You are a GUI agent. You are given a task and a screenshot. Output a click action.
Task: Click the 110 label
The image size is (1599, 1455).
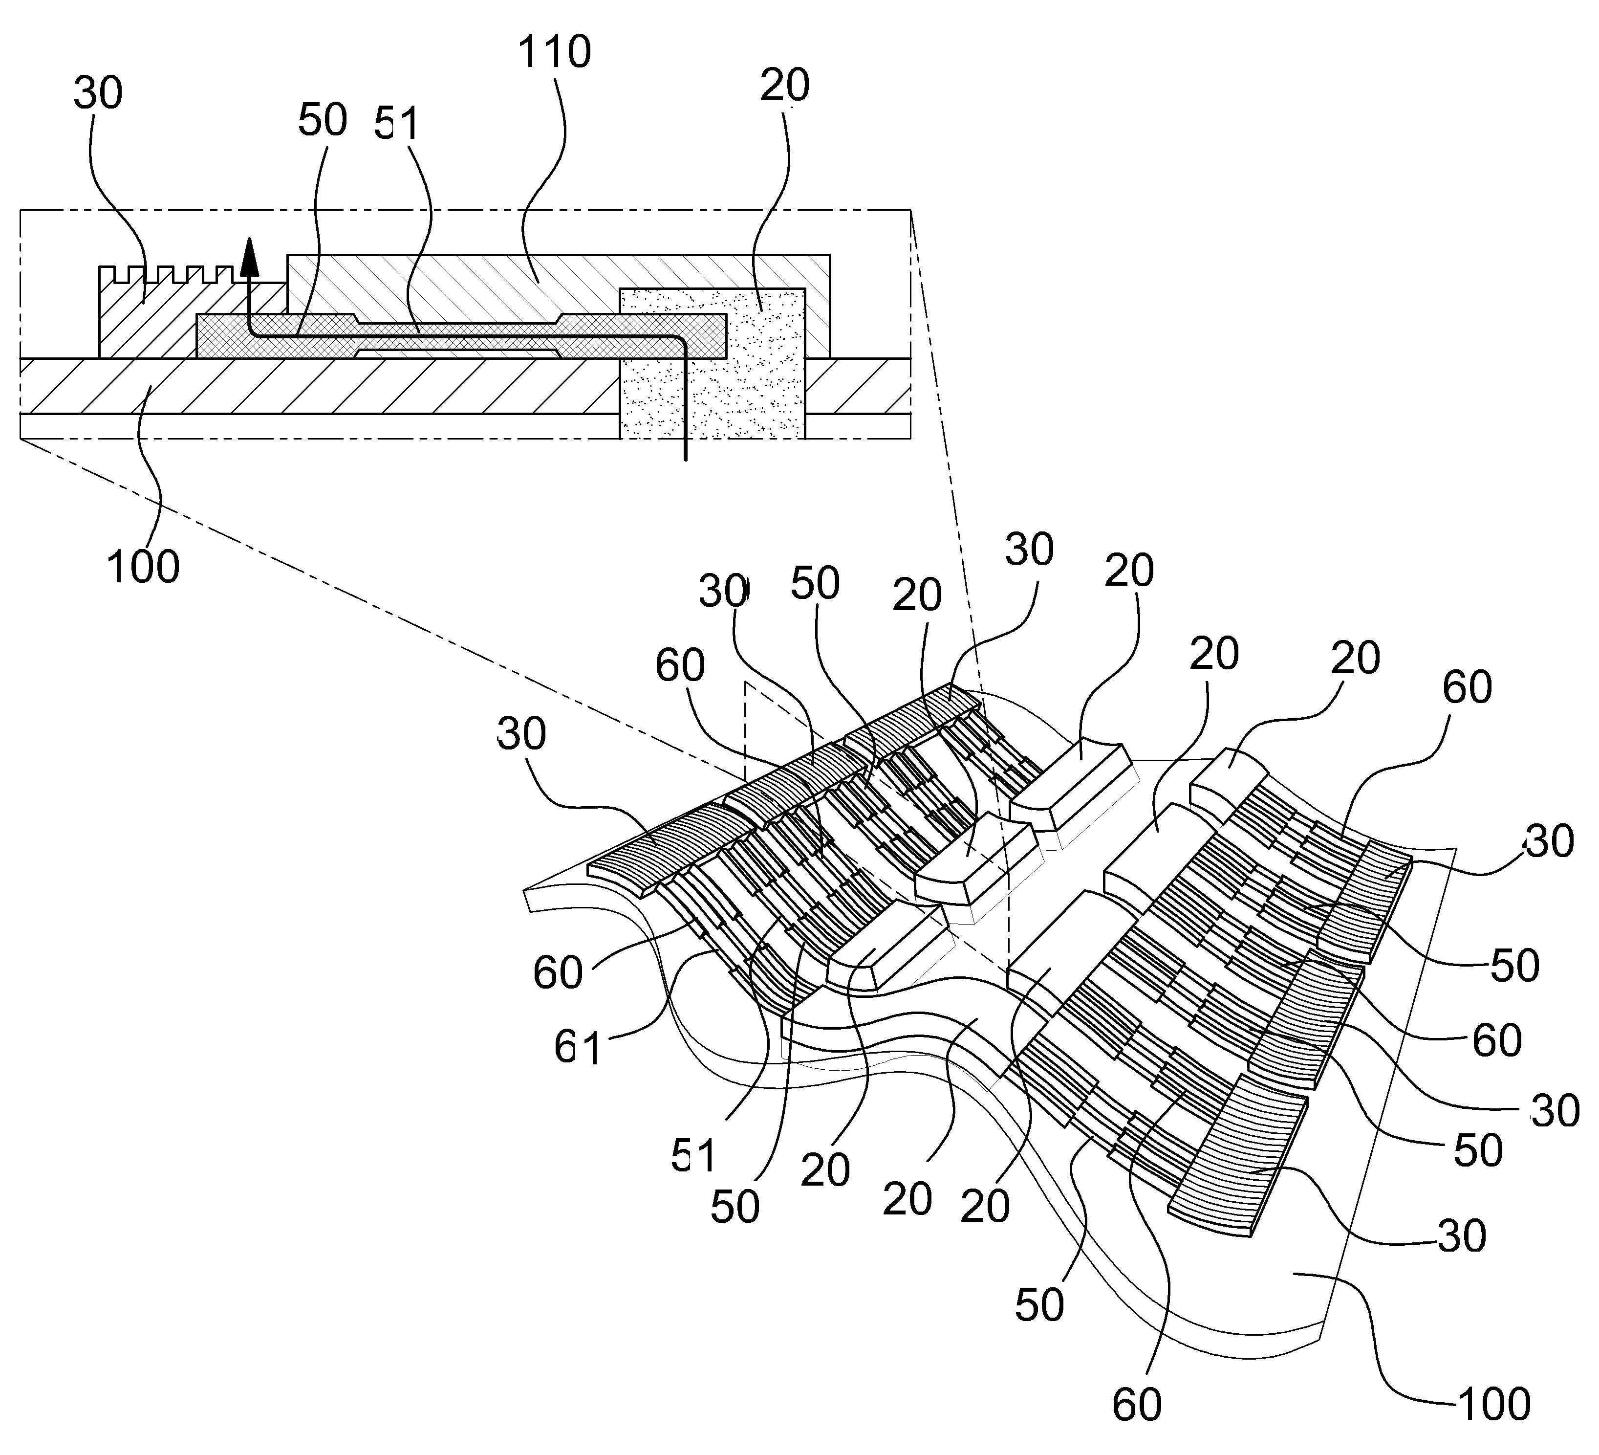click(554, 52)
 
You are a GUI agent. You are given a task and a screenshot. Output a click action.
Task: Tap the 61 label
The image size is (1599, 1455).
click(578, 1047)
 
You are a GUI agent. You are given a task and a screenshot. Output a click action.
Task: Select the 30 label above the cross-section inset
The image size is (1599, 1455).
click(98, 93)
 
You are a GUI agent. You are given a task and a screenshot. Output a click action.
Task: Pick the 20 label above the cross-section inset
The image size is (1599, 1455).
click(784, 85)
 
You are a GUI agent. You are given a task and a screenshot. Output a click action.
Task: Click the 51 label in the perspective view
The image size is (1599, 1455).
click(694, 1156)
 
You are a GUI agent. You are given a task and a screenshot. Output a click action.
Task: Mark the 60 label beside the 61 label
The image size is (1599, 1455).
click(558, 972)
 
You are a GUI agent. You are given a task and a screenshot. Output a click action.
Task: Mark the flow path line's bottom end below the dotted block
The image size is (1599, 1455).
click(685, 460)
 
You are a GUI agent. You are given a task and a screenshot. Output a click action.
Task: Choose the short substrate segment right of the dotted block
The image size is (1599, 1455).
click(857, 386)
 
